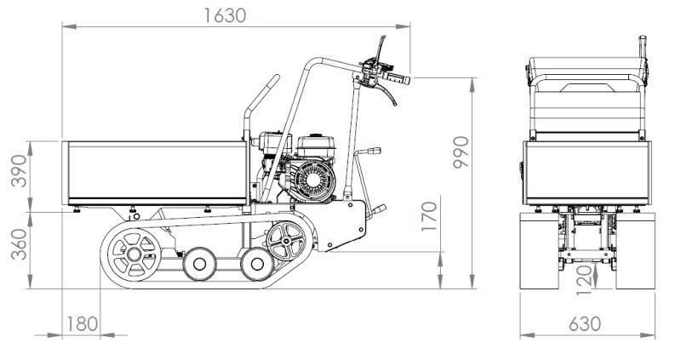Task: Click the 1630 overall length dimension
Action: point(225,15)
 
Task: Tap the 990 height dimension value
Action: point(461,152)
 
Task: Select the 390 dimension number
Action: point(19,171)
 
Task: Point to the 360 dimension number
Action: point(19,244)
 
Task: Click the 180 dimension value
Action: point(82,324)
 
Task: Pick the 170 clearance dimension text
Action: point(429,216)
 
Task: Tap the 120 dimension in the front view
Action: point(585,280)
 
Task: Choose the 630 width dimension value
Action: point(585,324)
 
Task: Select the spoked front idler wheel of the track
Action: point(286,241)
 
